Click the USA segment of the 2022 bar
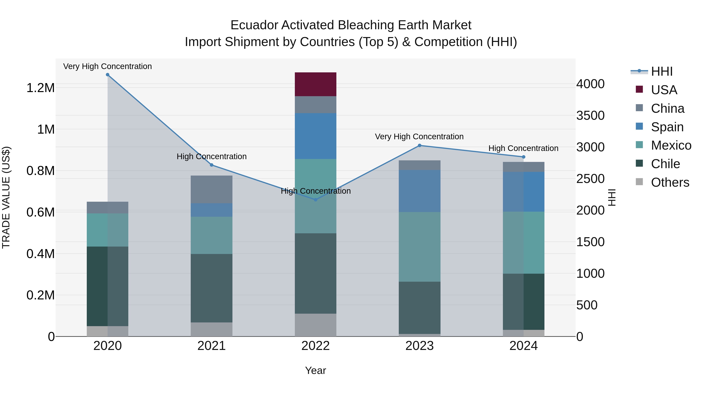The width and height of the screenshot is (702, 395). (315, 84)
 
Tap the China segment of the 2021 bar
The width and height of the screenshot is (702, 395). (211, 189)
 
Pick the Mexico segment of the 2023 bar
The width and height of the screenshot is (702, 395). (419, 247)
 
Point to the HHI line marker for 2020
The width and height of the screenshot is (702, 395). (107, 75)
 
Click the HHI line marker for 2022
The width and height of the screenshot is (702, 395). (316, 200)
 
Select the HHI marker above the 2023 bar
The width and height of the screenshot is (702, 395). (420, 146)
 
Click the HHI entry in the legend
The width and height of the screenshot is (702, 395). (661, 71)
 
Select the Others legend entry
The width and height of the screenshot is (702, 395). (670, 182)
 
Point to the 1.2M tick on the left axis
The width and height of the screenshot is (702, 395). (40, 88)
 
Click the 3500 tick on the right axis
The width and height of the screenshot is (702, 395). (590, 116)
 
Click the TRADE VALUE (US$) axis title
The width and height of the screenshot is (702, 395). (6, 197)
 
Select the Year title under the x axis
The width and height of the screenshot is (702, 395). (315, 370)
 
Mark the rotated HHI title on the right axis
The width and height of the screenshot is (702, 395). (612, 197)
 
